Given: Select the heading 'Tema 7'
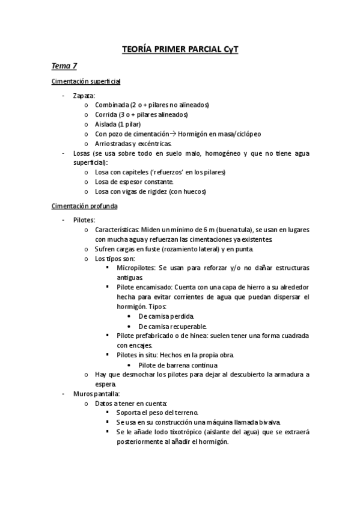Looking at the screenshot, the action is point(63,66).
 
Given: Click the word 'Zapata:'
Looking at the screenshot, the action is point(84,96).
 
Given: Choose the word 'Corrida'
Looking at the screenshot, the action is point(106,115).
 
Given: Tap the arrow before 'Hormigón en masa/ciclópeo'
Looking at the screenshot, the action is point(172,134).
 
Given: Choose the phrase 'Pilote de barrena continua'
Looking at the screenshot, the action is point(177,364).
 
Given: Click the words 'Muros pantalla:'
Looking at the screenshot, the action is point(93,393).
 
